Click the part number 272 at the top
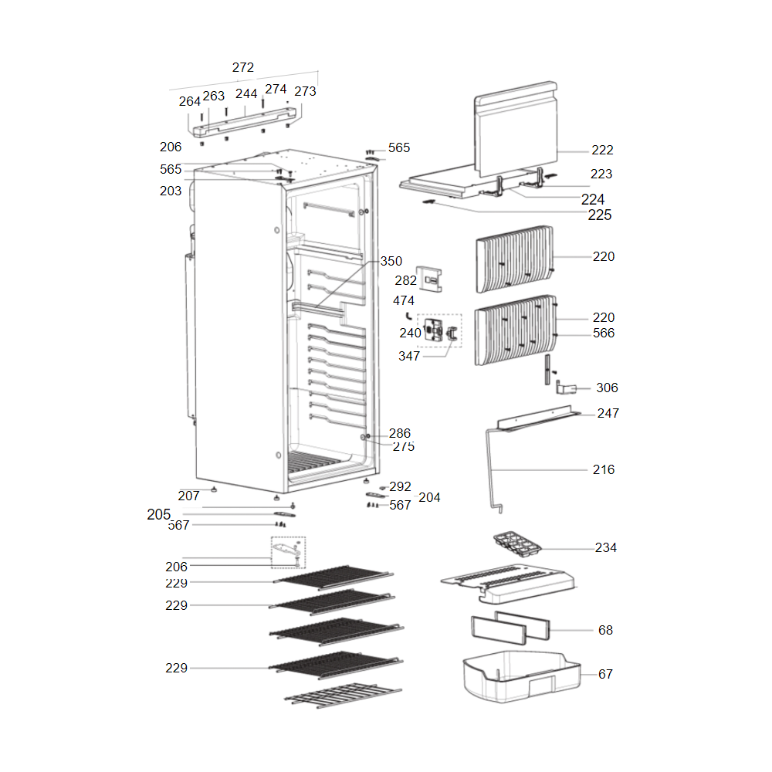243,68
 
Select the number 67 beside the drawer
605,674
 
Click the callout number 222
603,150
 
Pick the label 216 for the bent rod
604,469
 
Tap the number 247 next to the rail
608,413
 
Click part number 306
607,388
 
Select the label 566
604,333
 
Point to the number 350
391,261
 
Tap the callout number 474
404,300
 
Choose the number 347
409,356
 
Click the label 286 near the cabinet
400,433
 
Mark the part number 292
401,486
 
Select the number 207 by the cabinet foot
188,496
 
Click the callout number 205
158,514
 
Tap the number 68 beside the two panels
605,630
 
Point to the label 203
171,191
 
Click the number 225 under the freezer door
599,215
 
